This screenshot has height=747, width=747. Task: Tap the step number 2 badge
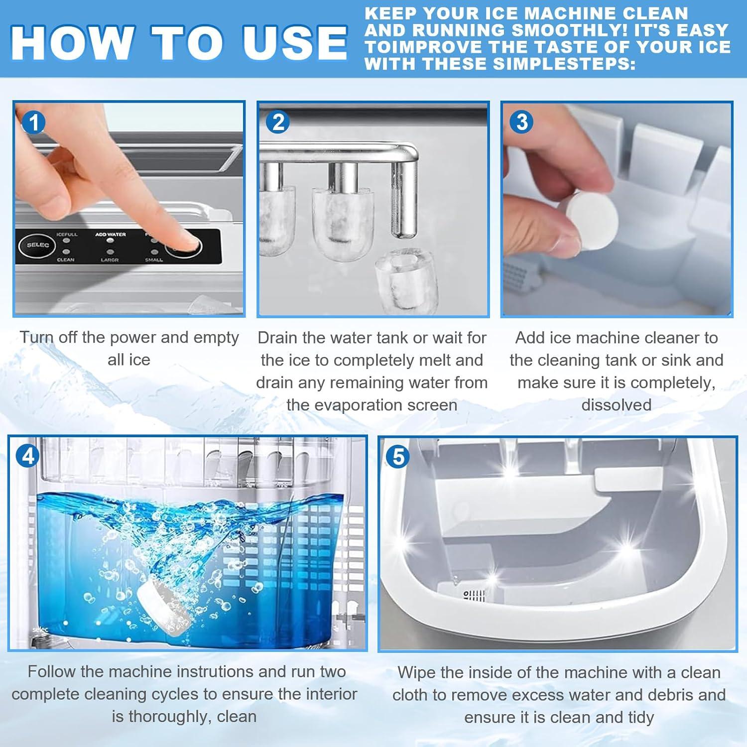coord(278,123)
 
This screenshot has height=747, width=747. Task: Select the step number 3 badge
coord(522,122)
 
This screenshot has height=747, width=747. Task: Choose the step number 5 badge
coord(398,457)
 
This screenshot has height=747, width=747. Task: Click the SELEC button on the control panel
coord(38,245)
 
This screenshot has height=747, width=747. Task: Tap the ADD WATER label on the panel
coord(111,234)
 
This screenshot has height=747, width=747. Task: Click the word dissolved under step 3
coord(616,405)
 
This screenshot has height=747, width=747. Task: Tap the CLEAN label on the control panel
coord(66,259)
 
